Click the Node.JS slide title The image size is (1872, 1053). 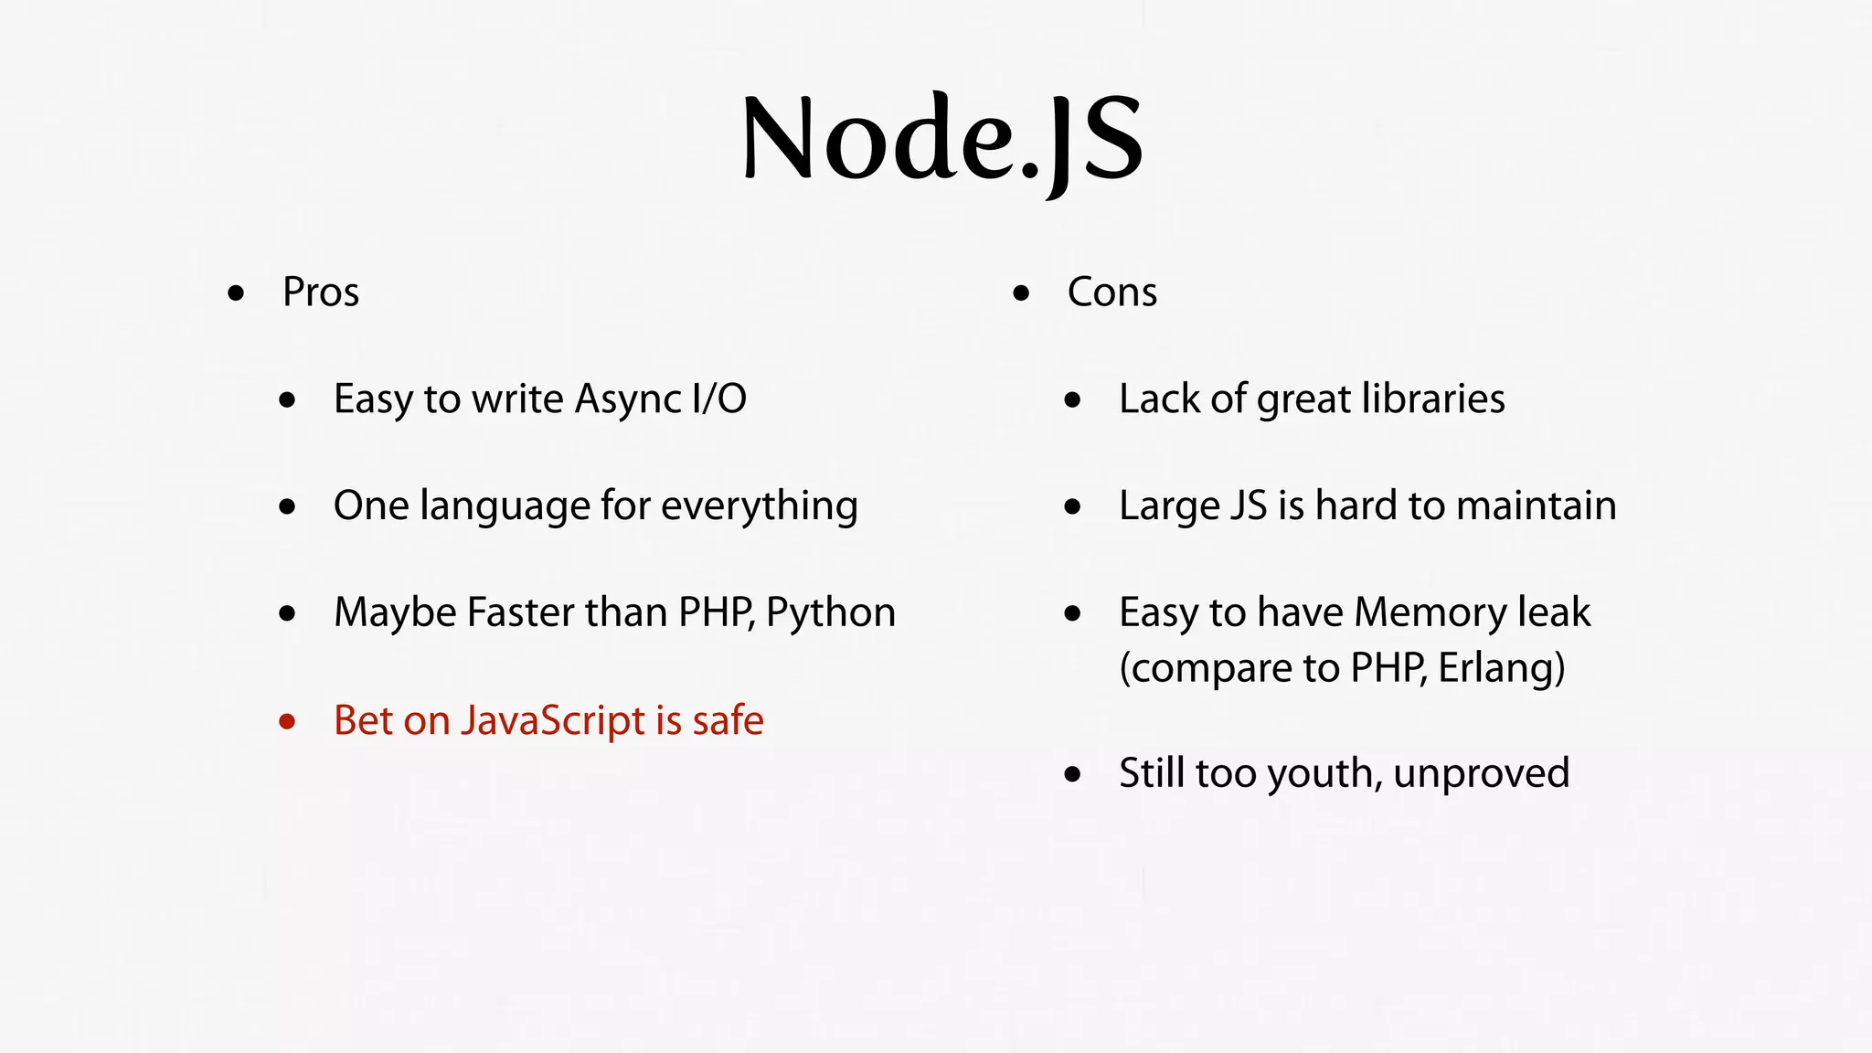(941, 139)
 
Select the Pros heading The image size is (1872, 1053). (320, 292)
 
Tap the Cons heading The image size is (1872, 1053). (1111, 292)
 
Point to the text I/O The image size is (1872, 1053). (719, 399)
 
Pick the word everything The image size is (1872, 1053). (759, 506)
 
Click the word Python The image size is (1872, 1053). (830, 613)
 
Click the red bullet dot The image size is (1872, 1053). (287, 722)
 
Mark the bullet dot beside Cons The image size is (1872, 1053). (1021, 293)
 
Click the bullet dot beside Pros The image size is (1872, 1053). (236, 293)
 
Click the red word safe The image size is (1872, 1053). (728, 721)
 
